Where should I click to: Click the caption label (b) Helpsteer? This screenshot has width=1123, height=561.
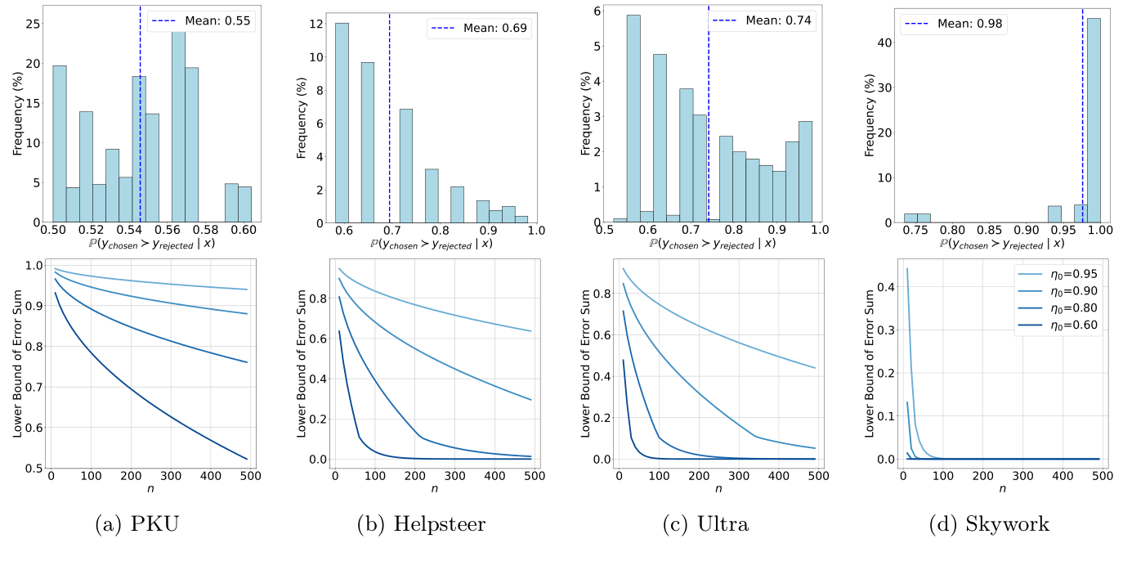point(421,524)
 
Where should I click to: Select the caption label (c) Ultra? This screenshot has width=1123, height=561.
point(705,524)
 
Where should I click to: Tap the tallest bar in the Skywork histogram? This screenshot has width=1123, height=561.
point(1094,119)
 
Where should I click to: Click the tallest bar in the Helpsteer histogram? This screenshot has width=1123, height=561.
point(342,122)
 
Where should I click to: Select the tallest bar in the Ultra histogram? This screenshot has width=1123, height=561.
point(633,118)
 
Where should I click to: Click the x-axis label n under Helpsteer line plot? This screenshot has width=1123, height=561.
point(434,489)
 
